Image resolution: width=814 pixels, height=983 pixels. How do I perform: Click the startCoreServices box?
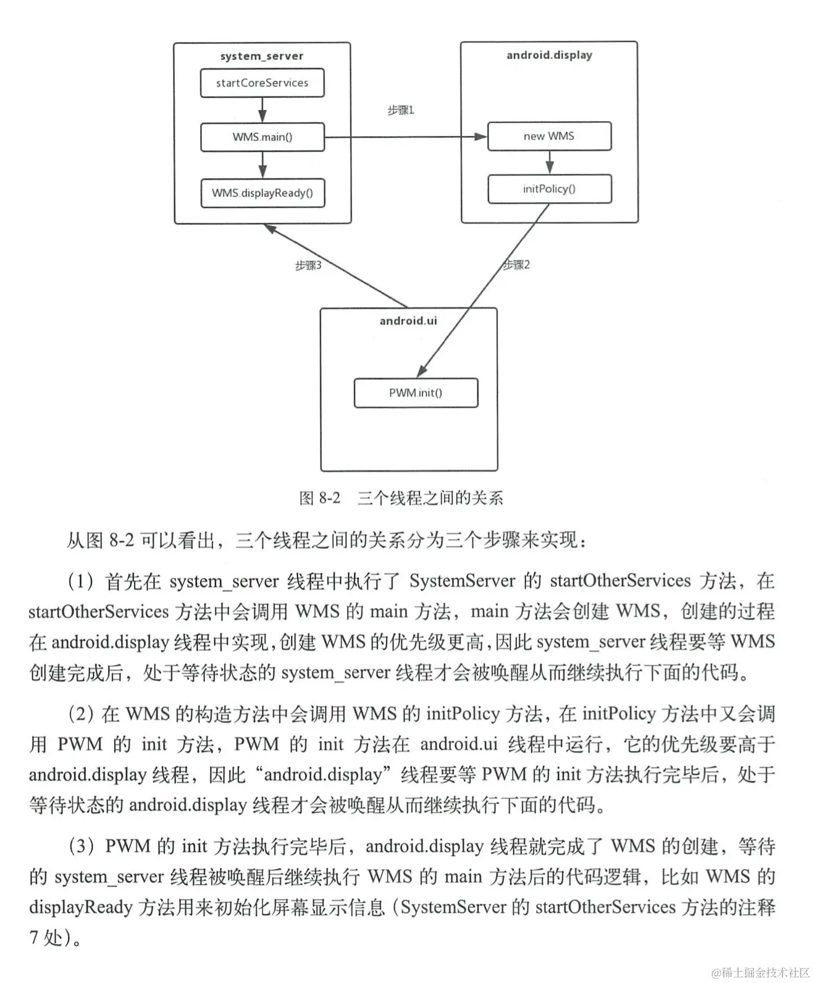coord(262,83)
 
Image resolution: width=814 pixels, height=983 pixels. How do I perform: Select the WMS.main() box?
coord(262,137)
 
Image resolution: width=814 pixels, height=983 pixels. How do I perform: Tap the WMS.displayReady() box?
coord(262,193)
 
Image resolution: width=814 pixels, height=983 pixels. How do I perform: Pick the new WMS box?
coord(549,136)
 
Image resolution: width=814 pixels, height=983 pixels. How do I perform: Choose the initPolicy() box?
coord(550,189)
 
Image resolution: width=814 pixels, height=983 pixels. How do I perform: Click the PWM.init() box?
coord(416,393)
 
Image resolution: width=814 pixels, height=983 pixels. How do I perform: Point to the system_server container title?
coord(262,56)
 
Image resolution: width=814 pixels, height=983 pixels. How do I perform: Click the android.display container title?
coord(549,55)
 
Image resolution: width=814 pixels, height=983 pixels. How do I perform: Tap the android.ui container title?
coord(408,320)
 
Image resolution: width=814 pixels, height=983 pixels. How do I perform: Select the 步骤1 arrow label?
coord(401,110)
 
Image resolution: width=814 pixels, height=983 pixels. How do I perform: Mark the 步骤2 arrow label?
coord(516,264)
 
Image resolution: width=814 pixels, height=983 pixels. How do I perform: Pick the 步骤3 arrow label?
coord(308,265)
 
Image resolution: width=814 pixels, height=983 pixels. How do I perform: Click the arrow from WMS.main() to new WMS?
coord(406,137)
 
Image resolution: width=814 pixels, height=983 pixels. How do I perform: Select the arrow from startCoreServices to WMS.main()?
coord(262,110)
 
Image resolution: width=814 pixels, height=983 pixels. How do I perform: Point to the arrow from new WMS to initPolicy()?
coord(550,162)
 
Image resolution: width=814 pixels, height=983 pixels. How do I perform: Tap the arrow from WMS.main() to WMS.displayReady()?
coord(263,165)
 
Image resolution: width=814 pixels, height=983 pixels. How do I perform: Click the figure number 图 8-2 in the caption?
coord(320,498)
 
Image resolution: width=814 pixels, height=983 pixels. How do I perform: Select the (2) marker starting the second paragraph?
coord(81,714)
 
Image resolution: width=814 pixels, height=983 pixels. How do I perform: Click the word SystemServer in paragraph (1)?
coord(462,580)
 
